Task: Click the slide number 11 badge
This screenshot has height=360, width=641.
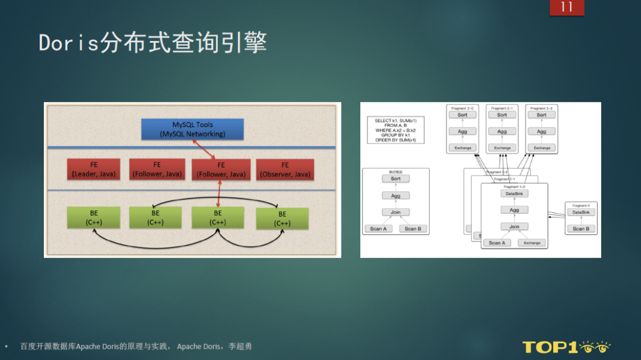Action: pyautogui.click(x=566, y=7)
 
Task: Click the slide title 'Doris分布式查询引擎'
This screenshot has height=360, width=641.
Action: pyautogui.click(x=153, y=43)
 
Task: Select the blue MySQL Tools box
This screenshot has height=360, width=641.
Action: pyautogui.click(x=192, y=129)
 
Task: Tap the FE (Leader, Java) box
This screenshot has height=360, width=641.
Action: pyautogui.click(x=94, y=170)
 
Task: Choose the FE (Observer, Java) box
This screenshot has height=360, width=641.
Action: pyautogui.click(x=285, y=170)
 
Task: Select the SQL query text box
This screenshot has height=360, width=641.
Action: pyautogui.click(x=396, y=130)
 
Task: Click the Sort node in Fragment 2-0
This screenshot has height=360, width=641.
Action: pyautogui.click(x=462, y=115)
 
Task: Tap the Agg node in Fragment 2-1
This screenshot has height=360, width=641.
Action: pyautogui.click(x=502, y=132)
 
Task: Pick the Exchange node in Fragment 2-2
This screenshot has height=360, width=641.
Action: pyautogui.click(x=542, y=148)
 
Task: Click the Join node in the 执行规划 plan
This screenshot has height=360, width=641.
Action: pyautogui.click(x=395, y=212)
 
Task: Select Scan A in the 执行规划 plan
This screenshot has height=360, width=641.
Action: pyautogui.click(x=378, y=228)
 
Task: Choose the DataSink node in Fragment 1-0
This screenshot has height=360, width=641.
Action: pyautogui.click(x=514, y=193)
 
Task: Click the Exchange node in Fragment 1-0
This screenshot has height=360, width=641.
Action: pyautogui.click(x=532, y=243)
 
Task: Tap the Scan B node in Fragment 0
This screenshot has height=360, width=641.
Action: pyautogui.click(x=580, y=228)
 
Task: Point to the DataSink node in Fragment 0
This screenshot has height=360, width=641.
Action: pyautogui.click(x=580, y=212)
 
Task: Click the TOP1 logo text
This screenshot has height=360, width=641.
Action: pyautogui.click(x=550, y=347)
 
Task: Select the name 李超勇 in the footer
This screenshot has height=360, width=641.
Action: pyautogui.click(x=240, y=346)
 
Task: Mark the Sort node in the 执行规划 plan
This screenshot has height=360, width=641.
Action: pyautogui.click(x=395, y=179)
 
